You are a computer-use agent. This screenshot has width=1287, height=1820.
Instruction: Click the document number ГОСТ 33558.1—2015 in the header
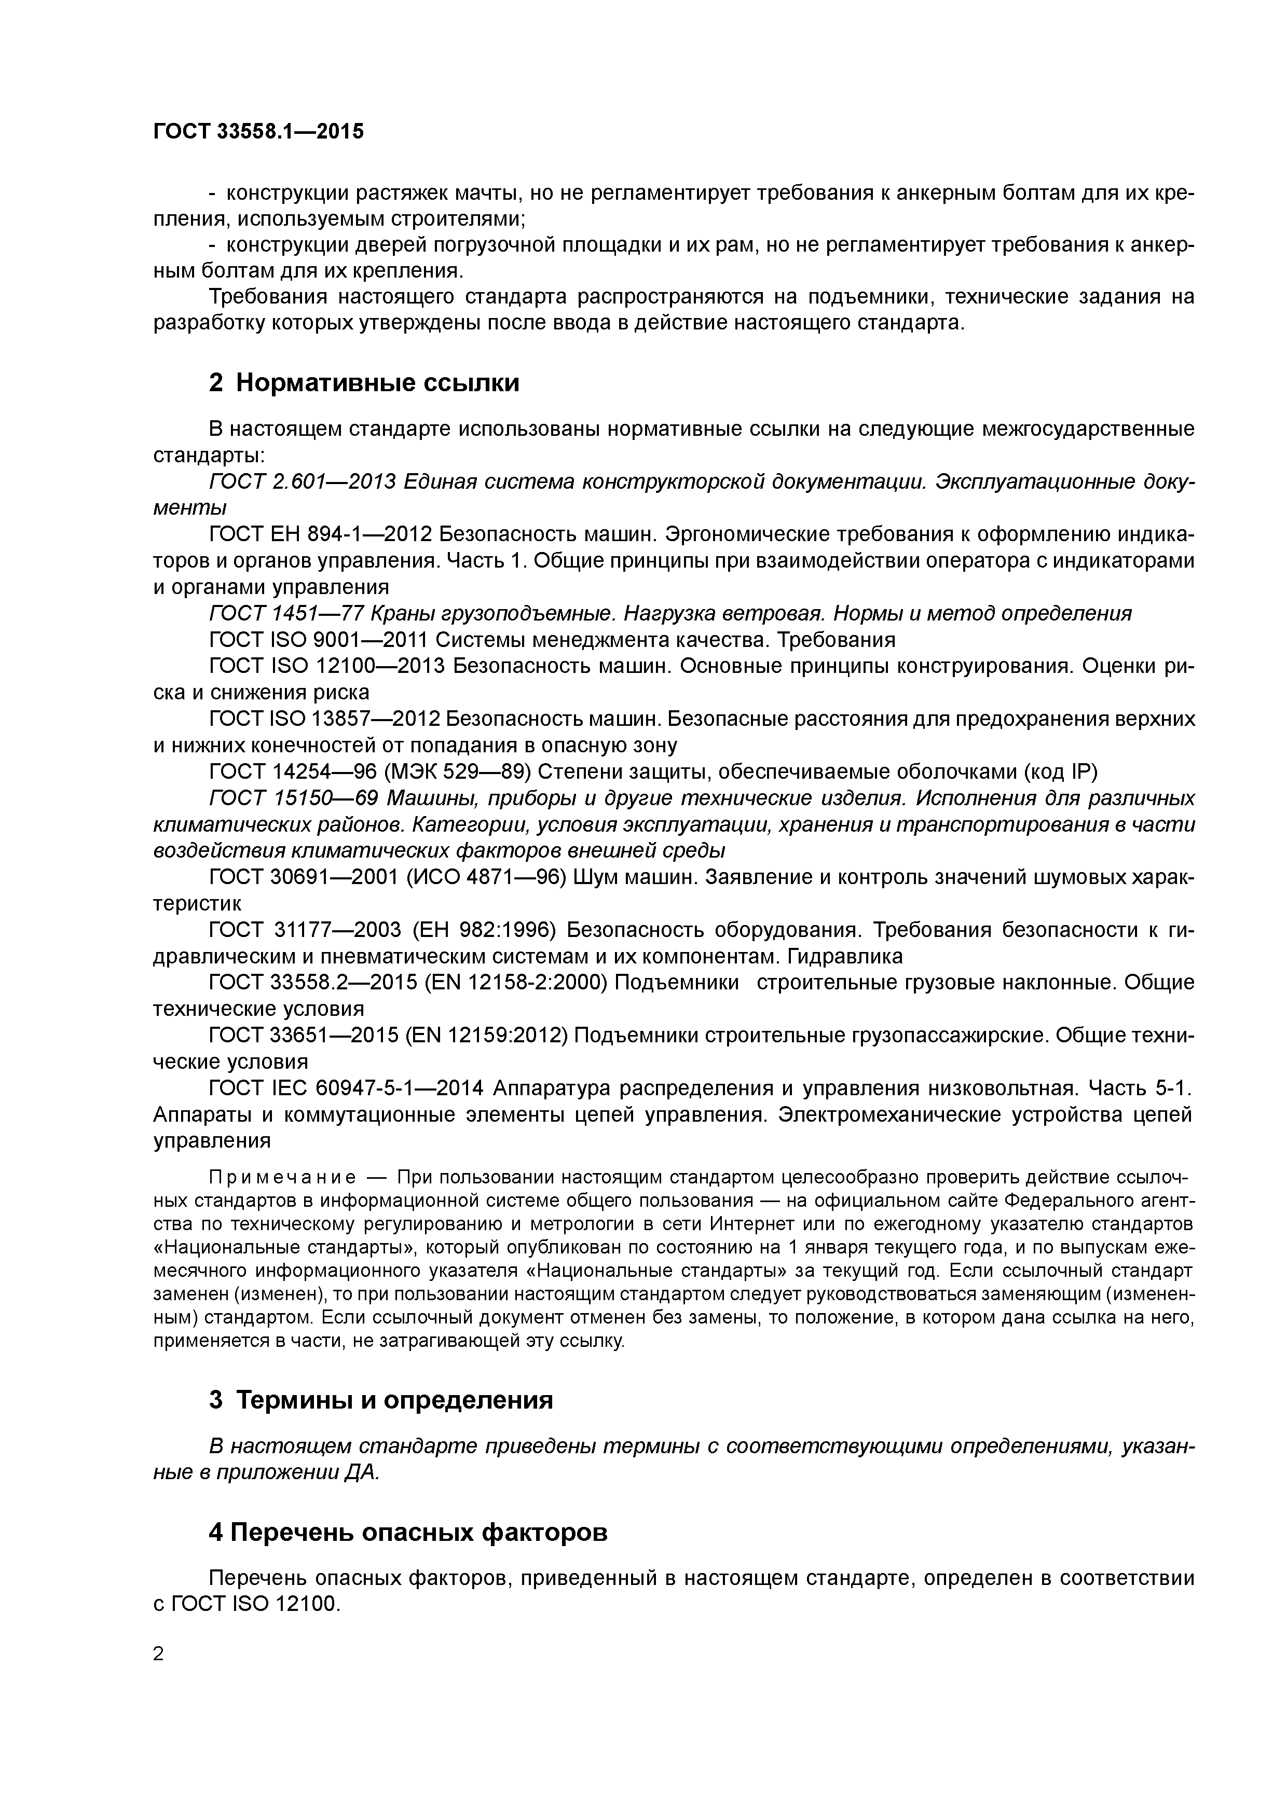point(258,132)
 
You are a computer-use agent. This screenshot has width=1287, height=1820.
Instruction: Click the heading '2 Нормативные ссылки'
point(364,383)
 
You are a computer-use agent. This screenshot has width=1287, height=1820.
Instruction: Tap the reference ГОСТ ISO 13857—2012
point(324,719)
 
